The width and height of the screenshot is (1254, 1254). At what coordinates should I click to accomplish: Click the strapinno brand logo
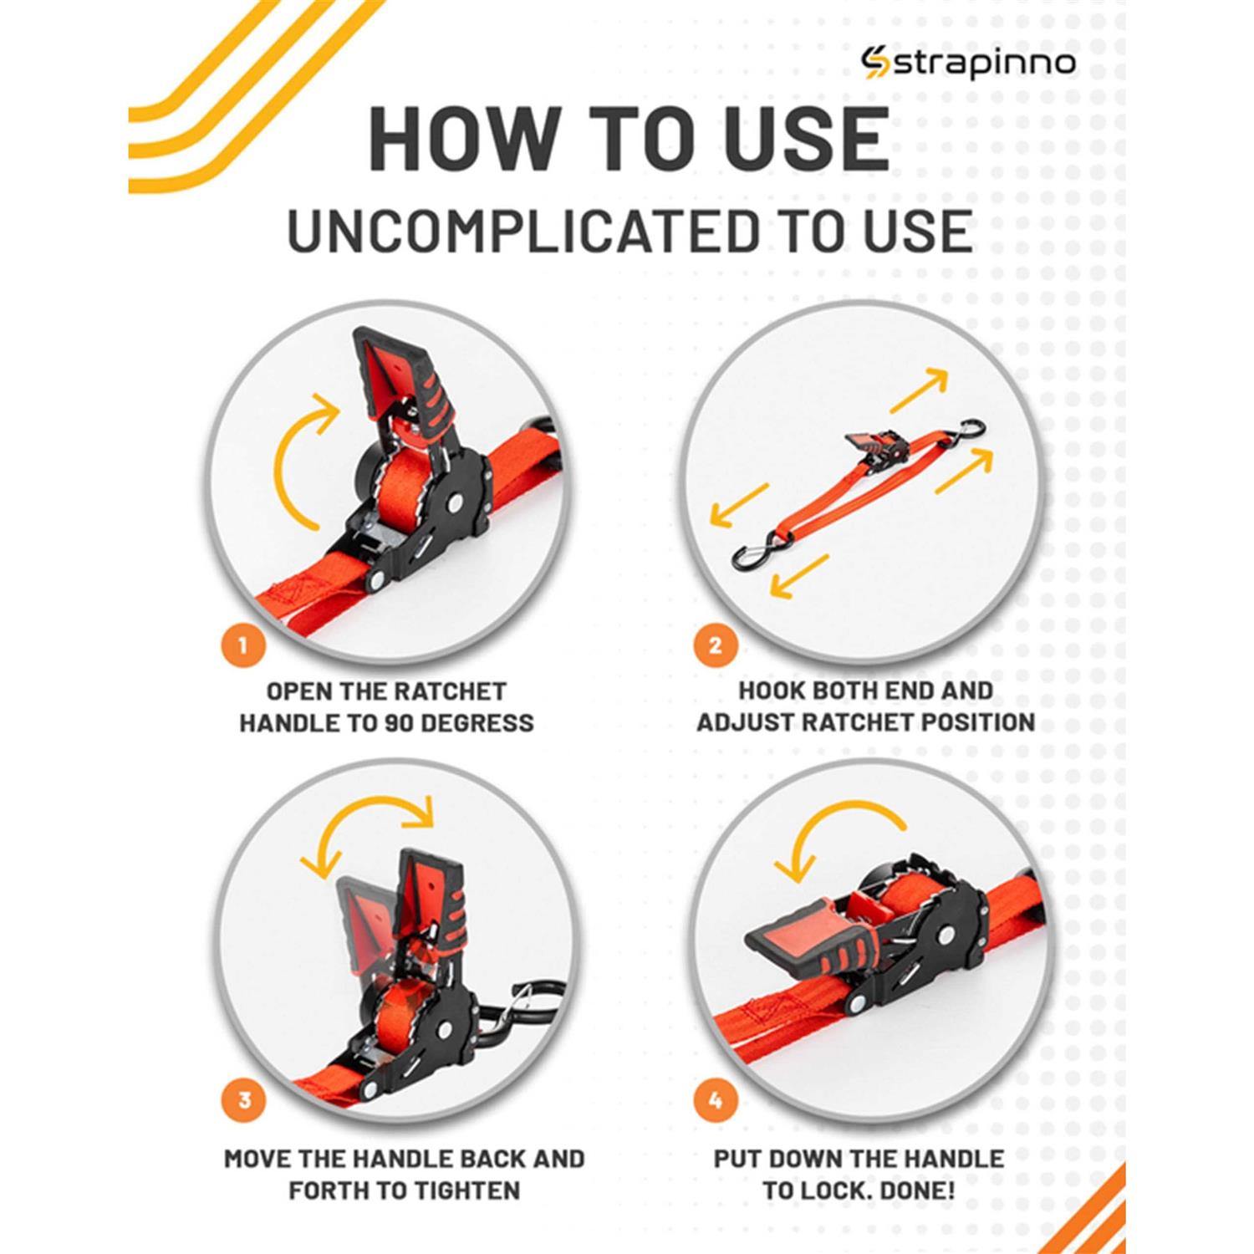point(969,64)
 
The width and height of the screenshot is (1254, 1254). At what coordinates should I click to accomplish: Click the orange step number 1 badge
point(243,645)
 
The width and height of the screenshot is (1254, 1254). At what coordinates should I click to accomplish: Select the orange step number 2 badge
point(715,645)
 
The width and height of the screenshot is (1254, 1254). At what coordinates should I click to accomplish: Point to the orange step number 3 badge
point(243,1099)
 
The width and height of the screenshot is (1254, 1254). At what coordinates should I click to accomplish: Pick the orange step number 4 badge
point(715,1099)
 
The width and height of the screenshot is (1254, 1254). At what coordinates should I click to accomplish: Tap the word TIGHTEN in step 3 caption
point(455,1190)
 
